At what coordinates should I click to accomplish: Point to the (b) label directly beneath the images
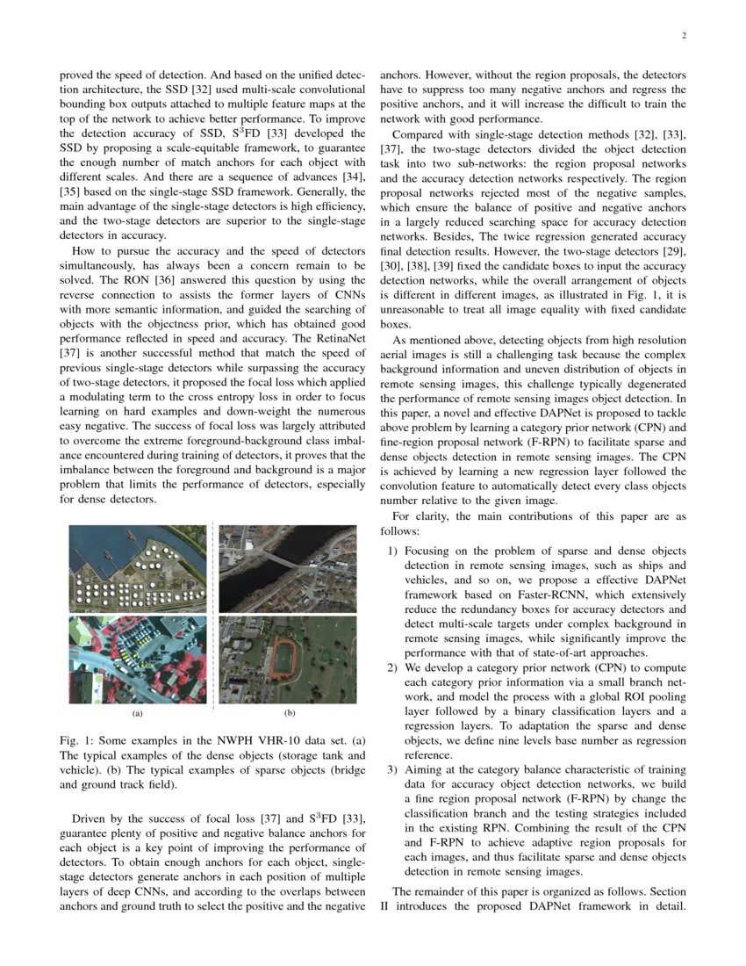(x=289, y=714)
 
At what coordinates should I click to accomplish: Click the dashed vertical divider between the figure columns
(x=212, y=615)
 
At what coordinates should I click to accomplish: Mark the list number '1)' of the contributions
(x=391, y=551)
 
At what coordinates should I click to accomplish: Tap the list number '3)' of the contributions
(x=391, y=770)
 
